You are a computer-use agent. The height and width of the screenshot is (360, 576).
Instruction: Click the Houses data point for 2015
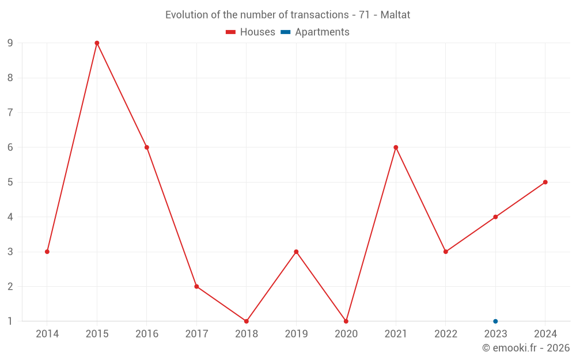click(x=97, y=43)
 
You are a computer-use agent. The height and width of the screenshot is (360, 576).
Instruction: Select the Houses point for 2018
click(x=247, y=321)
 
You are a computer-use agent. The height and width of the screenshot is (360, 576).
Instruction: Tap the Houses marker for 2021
click(x=396, y=147)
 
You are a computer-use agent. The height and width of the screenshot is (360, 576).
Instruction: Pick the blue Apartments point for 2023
click(x=495, y=321)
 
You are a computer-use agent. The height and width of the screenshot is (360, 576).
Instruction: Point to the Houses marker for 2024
click(x=545, y=182)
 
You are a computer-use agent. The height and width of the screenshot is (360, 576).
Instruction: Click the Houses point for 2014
click(x=47, y=252)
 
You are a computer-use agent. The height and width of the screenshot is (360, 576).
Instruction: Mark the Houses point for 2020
click(x=346, y=321)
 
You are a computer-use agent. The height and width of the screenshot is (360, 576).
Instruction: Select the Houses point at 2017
click(x=196, y=286)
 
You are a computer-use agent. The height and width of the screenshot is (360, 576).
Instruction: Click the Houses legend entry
click(x=251, y=32)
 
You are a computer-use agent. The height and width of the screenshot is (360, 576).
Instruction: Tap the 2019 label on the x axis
click(x=296, y=334)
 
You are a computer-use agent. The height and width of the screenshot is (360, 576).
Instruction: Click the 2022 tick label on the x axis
click(x=446, y=334)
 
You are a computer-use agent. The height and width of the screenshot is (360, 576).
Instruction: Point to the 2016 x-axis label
click(x=147, y=334)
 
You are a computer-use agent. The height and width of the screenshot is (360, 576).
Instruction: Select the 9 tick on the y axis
click(x=10, y=43)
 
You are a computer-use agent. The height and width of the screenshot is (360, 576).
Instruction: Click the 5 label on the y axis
click(x=10, y=182)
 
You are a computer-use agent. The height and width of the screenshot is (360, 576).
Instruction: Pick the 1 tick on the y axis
click(x=10, y=321)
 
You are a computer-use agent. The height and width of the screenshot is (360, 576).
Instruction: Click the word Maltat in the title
click(x=395, y=15)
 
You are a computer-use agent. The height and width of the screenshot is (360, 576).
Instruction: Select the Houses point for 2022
click(x=446, y=252)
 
